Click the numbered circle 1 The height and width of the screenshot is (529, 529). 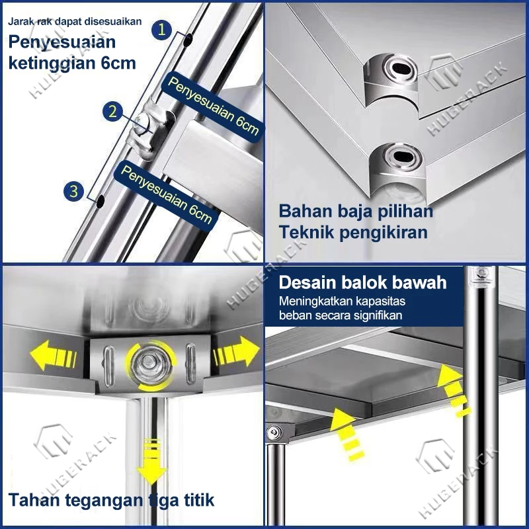(x=161, y=30)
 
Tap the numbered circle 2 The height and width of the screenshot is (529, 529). (x=113, y=112)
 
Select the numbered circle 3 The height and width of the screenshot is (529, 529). (x=74, y=191)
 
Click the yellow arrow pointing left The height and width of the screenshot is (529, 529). (x=54, y=355)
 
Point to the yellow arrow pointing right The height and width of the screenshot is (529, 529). (x=236, y=352)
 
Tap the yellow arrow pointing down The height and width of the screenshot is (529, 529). (x=151, y=462)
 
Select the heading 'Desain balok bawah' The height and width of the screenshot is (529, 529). (x=362, y=282)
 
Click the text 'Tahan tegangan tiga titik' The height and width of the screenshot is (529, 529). (x=111, y=500)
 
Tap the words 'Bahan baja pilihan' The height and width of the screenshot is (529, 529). (x=356, y=212)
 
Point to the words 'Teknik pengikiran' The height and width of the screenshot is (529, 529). (x=353, y=233)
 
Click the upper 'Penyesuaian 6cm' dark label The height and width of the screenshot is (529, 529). (x=213, y=106)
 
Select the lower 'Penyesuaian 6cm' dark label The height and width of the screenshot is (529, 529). (x=166, y=194)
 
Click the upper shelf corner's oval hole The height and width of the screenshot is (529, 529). (x=403, y=69)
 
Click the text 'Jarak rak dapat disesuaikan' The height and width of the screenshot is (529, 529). (x=75, y=22)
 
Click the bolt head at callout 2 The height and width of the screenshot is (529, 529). (x=142, y=122)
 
